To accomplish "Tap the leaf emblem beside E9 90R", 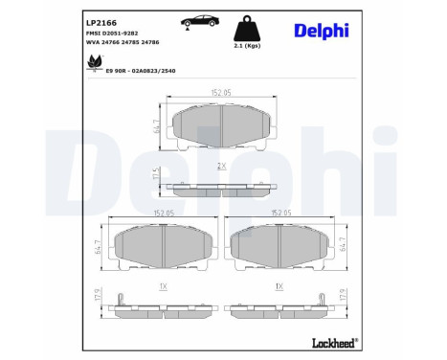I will click(95, 65).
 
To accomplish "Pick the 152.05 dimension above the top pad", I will click(221, 93).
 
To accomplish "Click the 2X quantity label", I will click(221, 166).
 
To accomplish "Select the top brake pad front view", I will click(221, 124).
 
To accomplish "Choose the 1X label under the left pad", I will click(163, 287).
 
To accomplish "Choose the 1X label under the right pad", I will click(279, 287).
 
